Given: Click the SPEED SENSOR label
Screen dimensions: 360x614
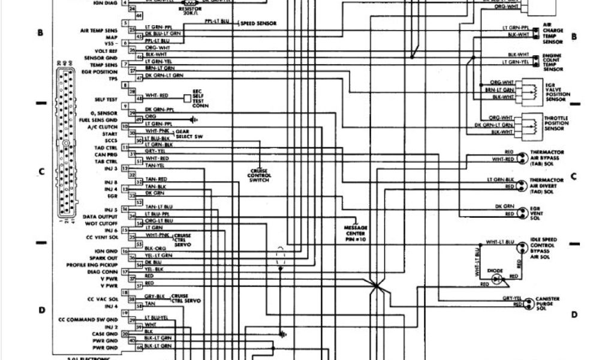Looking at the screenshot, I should pyautogui.click(x=258, y=23).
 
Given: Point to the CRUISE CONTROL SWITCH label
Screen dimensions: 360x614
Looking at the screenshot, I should pyautogui.click(x=260, y=175).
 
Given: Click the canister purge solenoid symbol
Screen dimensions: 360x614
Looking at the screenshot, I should pyautogui.click(x=528, y=304).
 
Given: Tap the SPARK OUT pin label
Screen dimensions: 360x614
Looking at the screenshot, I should pyautogui.click(x=106, y=257).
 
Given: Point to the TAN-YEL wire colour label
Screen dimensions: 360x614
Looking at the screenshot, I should pyautogui.click(x=155, y=165).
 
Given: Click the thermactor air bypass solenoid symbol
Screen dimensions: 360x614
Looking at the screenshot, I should pyautogui.click(x=523, y=157).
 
